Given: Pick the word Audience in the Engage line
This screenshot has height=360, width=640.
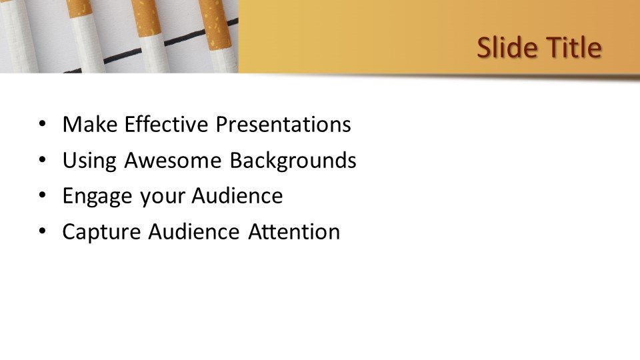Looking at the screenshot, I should [237, 197].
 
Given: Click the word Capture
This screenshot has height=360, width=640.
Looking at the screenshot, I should [101, 232].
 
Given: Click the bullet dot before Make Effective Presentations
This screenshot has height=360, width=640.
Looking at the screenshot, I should [43, 125].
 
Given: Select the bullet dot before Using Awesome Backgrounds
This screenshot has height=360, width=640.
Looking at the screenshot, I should [43, 161].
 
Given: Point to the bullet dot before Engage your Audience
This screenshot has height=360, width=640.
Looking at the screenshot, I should [43, 197].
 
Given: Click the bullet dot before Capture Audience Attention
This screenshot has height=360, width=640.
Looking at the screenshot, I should [43, 232].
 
